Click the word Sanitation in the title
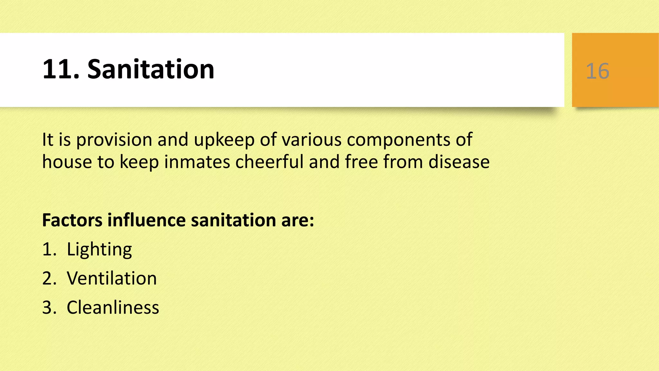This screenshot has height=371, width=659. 151,69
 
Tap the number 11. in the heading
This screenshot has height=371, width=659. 61,69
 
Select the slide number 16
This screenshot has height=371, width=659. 598,71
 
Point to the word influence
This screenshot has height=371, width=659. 146,220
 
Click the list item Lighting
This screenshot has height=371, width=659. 99,249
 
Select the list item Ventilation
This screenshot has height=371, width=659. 112,278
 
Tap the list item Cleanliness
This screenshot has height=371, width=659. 113,307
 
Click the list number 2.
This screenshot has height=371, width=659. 49,278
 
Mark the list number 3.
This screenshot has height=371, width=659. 49,307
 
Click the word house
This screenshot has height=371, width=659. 67,162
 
